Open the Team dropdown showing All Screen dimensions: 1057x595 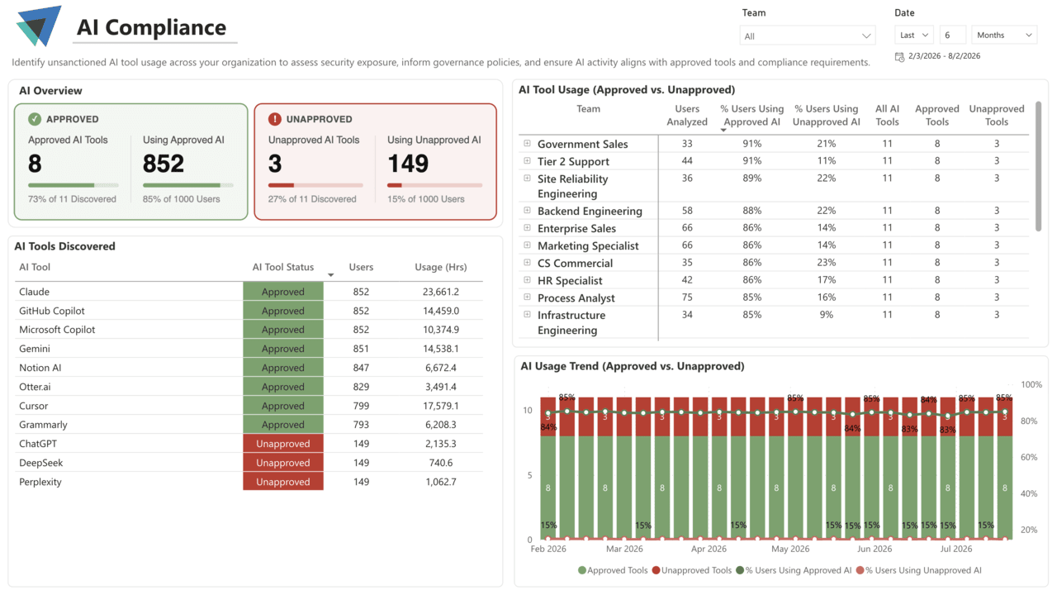808,36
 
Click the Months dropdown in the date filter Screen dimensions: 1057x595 1004,35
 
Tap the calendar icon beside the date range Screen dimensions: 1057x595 899,57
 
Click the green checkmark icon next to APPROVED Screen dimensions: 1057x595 35,119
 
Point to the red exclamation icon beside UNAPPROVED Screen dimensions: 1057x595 275,119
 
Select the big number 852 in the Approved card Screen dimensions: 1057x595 164,164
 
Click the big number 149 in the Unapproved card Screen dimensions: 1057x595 408,164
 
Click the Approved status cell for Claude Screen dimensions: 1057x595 283,292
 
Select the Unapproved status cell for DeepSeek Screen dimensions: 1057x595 283,463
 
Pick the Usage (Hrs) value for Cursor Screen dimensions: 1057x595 440,406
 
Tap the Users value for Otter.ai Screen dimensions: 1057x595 361,387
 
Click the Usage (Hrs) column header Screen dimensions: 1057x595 441,267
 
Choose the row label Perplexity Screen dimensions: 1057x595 40,482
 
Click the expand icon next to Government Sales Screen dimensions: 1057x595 527,143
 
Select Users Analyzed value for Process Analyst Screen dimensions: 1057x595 687,297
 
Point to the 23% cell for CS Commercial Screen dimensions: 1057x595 827,263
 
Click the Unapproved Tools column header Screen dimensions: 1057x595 997,115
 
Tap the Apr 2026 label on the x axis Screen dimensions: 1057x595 709,549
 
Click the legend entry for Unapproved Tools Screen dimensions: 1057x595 692,570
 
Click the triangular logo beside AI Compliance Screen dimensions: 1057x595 39,26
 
